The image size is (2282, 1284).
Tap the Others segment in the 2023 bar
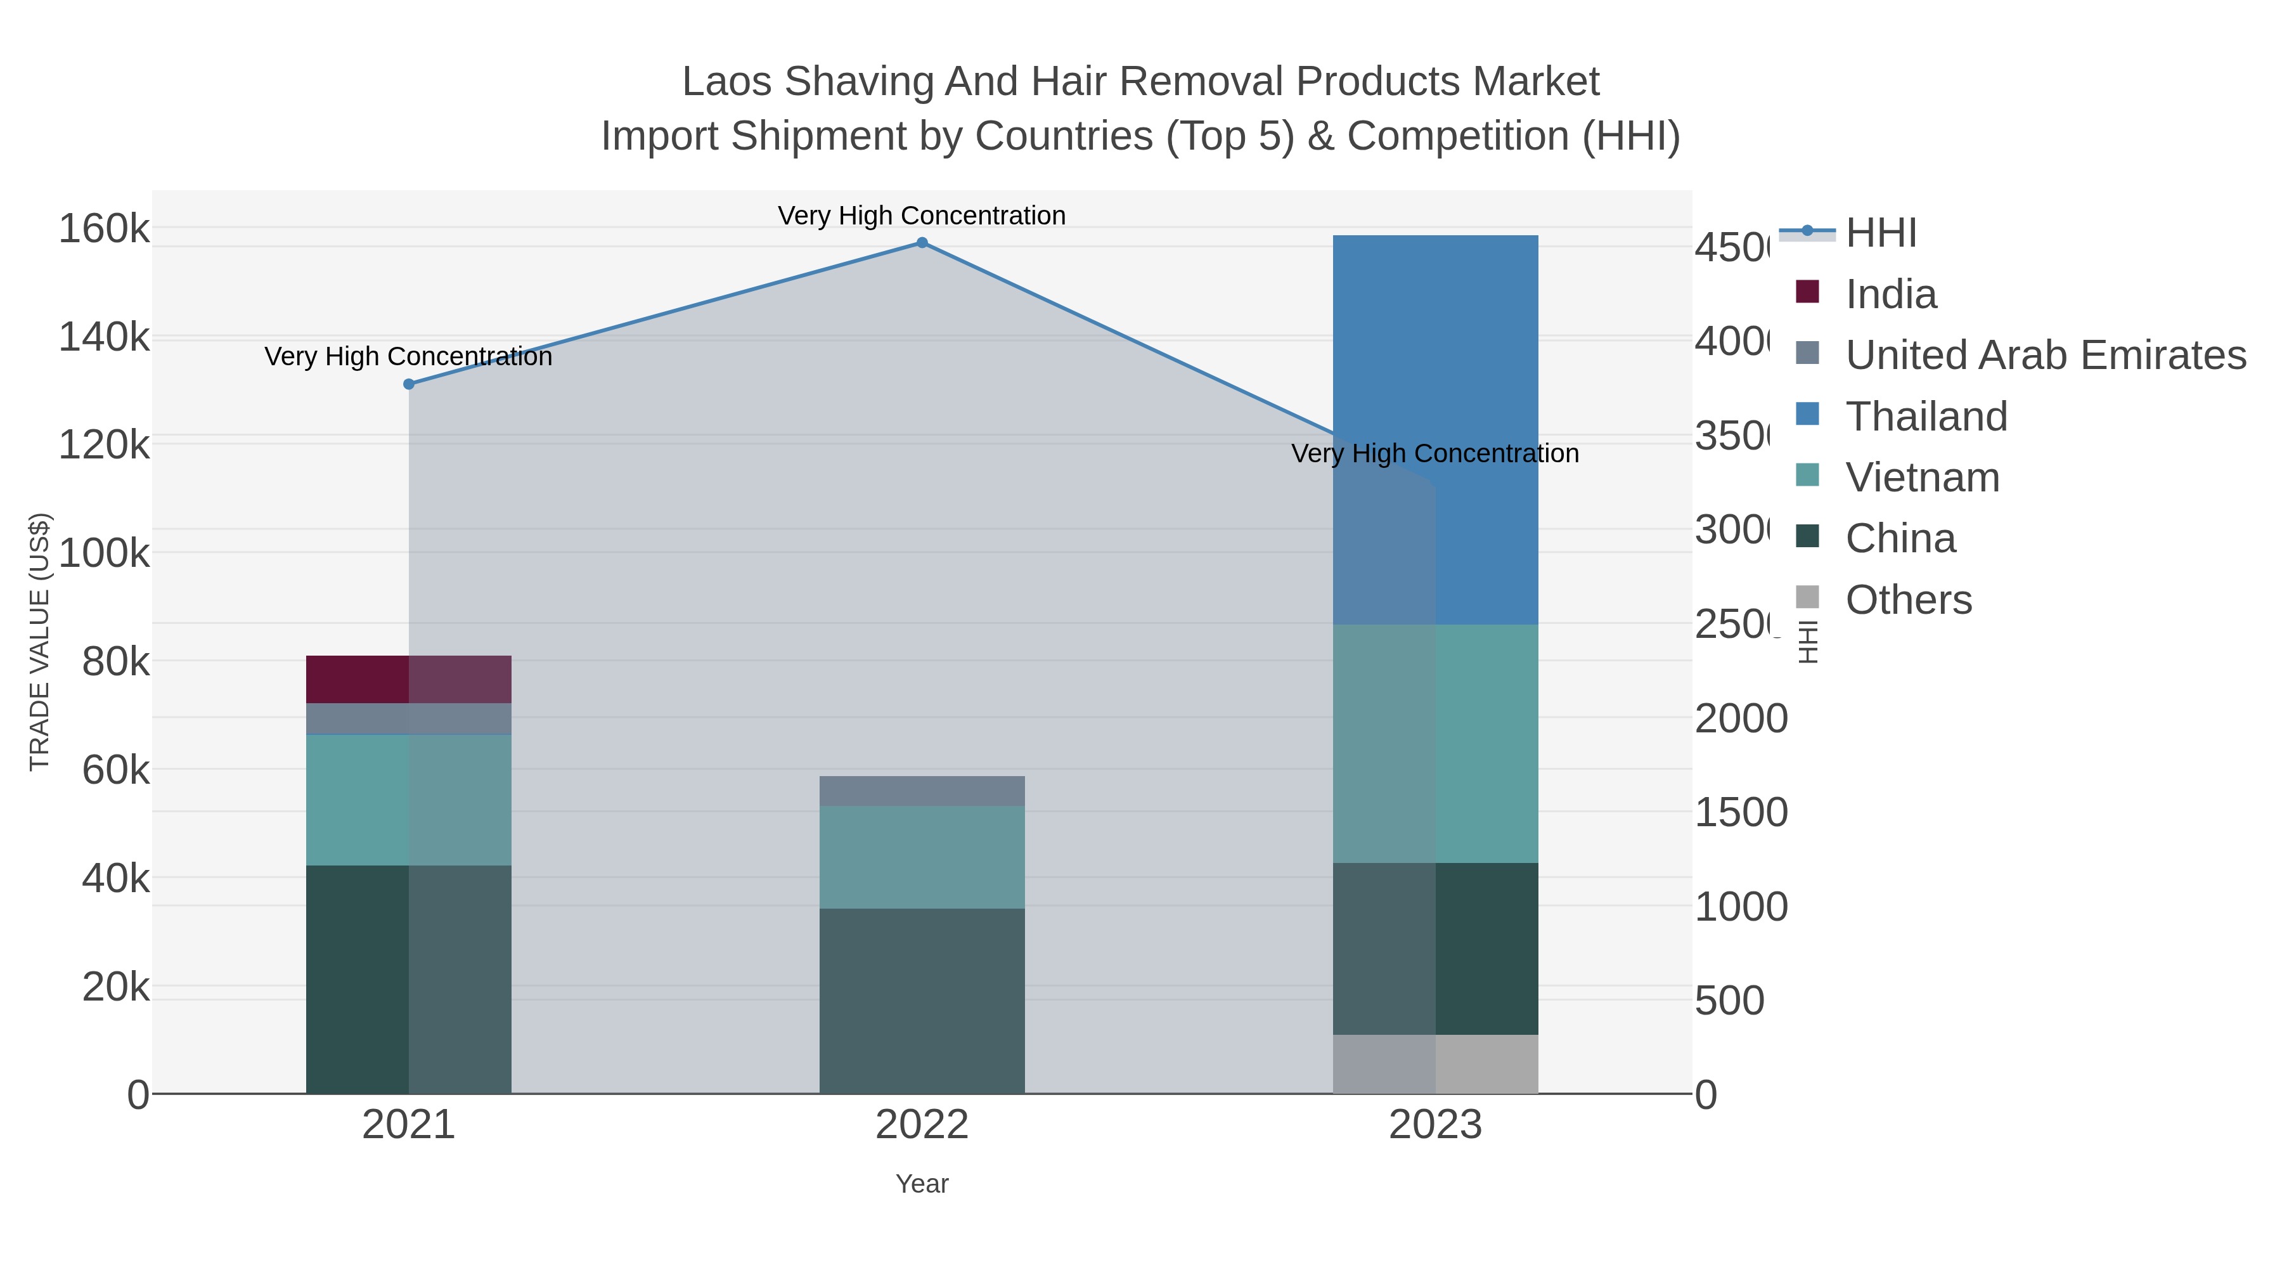(x=1435, y=1063)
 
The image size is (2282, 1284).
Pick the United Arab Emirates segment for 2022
(x=921, y=791)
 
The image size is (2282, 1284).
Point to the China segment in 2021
(x=408, y=979)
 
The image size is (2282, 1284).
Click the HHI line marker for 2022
(x=921, y=243)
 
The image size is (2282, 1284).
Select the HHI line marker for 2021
(x=408, y=384)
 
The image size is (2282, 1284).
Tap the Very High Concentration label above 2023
(x=1434, y=454)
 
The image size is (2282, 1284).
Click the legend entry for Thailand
(x=1926, y=417)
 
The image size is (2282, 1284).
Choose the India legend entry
(x=1890, y=294)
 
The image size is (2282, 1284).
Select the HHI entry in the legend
(x=1881, y=233)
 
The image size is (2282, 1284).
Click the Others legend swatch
(x=1807, y=597)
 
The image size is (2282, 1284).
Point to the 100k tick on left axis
(x=105, y=554)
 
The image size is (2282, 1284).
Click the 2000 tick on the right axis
(x=1741, y=718)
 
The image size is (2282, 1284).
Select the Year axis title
(x=921, y=1184)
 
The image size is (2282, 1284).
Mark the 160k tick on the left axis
(x=105, y=230)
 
